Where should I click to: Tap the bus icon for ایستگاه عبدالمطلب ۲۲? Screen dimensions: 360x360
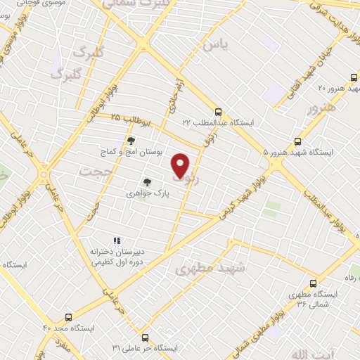pos(218,111)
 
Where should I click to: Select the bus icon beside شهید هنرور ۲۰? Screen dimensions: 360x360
pos(351,77)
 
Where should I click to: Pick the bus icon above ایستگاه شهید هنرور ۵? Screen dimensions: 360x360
pos(299,141)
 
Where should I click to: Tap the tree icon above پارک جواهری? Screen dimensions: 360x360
pos(147,181)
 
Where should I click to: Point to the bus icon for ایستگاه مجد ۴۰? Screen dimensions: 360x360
pos(68,317)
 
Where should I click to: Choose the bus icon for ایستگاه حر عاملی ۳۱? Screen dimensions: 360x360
pos(146,337)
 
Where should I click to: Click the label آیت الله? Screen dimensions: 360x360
pos(334,349)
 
